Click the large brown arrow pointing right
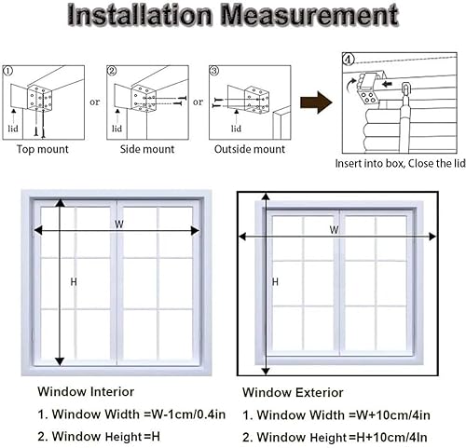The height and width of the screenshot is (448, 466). click(x=316, y=102)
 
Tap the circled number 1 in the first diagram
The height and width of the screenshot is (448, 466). click(x=7, y=71)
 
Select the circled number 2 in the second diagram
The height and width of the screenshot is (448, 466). click(x=112, y=71)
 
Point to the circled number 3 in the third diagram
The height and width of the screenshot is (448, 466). click(x=214, y=71)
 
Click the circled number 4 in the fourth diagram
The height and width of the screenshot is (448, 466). click(x=349, y=59)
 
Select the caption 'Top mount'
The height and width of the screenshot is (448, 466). click(x=43, y=149)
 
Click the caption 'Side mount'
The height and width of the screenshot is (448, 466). click(x=147, y=149)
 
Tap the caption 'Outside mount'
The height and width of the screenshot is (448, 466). click(x=250, y=149)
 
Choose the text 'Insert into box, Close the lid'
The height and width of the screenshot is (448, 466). click(x=400, y=164)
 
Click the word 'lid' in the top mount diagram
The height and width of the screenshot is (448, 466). click(x=13, y=129)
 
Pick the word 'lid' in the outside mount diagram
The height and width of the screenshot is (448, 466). click(x=236, y=129)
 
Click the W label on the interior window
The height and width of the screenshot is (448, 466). click(x=119, y=224)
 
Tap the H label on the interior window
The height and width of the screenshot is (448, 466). click(x=74, y=282)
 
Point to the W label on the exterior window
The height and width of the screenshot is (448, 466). click(x=334, y=230)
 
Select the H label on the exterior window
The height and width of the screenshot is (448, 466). click(x=275, y=282)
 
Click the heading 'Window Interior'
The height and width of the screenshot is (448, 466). click(x=86, y=392)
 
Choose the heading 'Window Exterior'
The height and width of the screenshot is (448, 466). click(x=293, y=393)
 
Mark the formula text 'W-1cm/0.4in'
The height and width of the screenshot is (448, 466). click(x=188, y=414)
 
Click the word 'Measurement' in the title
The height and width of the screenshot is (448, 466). click(x=309, y=15)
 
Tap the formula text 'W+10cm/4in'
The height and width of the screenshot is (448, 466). click(x=393, y=415)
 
